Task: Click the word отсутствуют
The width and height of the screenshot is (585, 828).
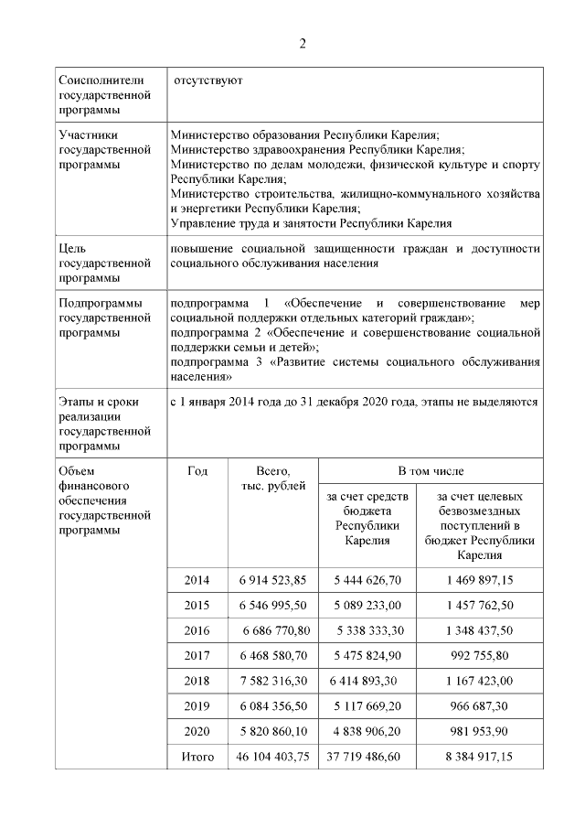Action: click(208, 81)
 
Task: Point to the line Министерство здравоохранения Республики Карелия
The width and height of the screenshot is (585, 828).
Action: click(317, 149)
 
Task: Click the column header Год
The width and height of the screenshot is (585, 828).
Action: click(197, 470)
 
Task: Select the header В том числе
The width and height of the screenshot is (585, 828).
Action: click(431, 470)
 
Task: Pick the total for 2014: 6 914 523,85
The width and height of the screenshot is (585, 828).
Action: click(272, 580)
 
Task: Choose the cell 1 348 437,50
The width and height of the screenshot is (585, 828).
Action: click(480, 630)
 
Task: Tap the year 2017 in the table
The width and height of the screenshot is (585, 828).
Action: click(197, 656)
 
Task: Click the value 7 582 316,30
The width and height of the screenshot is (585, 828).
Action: click(272, 681)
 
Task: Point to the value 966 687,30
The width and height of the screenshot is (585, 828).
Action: click(480, 706)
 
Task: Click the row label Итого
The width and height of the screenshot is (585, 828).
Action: click(197, 757)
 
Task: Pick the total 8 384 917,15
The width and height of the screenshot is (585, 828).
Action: click(480, 757)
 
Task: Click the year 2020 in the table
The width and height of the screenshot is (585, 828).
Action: click(197, 731)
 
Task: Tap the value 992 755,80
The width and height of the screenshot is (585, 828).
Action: click(480, 656)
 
